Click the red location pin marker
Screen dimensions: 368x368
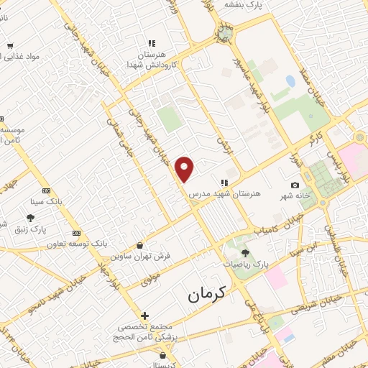pos(185,168)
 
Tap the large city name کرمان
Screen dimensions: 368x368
pos(206,293)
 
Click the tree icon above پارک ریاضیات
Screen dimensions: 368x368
pos(246,253)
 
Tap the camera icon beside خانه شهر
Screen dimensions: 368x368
pos(295,185)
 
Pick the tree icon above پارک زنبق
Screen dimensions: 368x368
pos(29,218)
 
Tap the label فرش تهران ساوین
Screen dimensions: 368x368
pos(139,255)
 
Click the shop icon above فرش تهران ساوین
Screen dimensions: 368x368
pos(139,245)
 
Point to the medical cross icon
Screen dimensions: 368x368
pos(145,316)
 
